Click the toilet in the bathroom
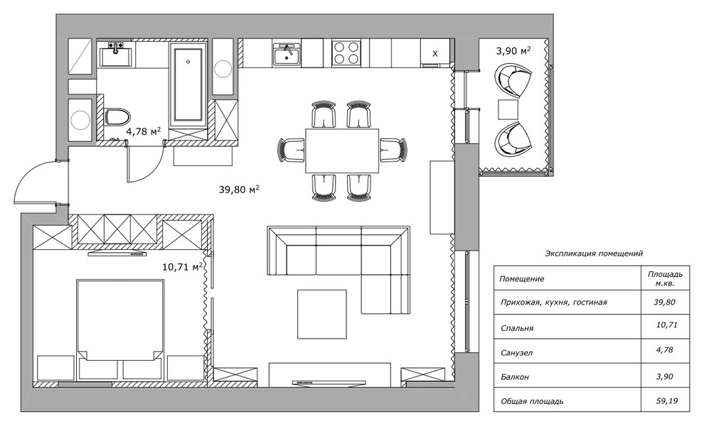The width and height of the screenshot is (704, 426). (x=117, y=116)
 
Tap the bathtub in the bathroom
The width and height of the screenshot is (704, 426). (x=188, y=84)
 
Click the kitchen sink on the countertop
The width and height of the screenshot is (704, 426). (x=287, y=55)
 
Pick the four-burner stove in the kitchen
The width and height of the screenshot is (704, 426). (x=346, y=53)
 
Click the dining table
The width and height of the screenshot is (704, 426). (x=342, y=151)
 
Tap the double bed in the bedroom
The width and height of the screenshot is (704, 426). (x=119, y=319)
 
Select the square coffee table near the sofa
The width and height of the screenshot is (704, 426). (x=322, y=314)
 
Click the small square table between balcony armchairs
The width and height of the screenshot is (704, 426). (x=508, y=109)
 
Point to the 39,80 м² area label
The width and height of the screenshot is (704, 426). (x=239, y=190)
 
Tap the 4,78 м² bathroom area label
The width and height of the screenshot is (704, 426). (x=144, y=131)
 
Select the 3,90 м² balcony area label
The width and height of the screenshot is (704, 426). (x=513, y=50)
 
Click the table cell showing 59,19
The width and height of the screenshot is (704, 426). (x=667, y=401)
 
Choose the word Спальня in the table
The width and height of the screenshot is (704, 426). (x=517, y=328)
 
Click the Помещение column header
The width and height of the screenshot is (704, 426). (x=522, y=279)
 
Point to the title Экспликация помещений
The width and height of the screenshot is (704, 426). (x=594, y=253)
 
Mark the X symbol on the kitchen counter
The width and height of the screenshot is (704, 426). (x=434, y=54)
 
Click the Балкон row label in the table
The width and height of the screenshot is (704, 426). (x=515, y=377)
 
